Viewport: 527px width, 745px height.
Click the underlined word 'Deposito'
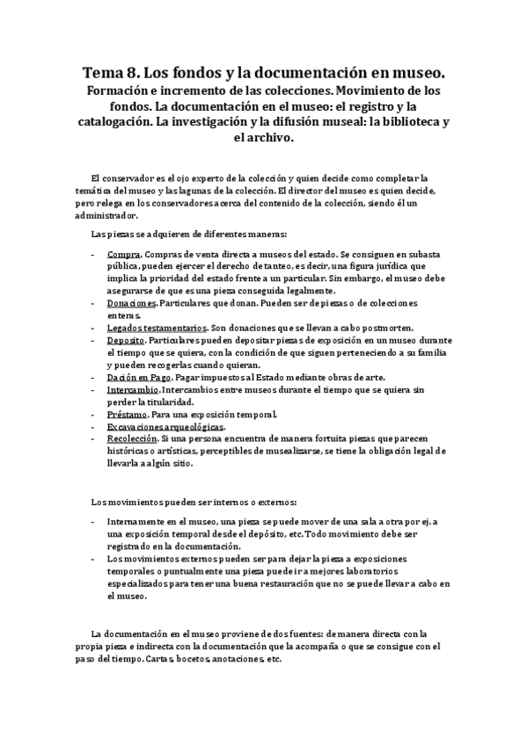click(x=126, y=339)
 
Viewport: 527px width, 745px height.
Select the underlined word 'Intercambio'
click(x=133, y=388)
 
